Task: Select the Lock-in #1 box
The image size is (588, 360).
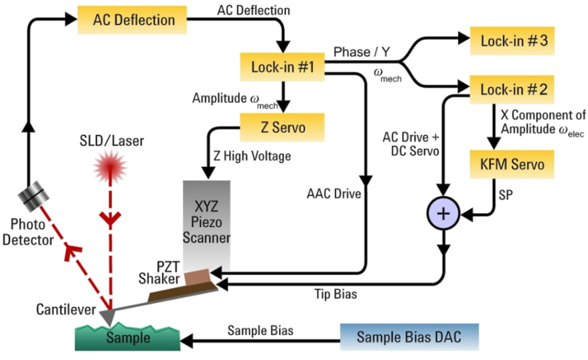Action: click(x=283, y=66)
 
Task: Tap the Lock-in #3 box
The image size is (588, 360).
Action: click(x=504, y=42)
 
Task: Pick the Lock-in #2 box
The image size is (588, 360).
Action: click(x=504, y=88)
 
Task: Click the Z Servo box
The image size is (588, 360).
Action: click(x=283, y=126)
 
